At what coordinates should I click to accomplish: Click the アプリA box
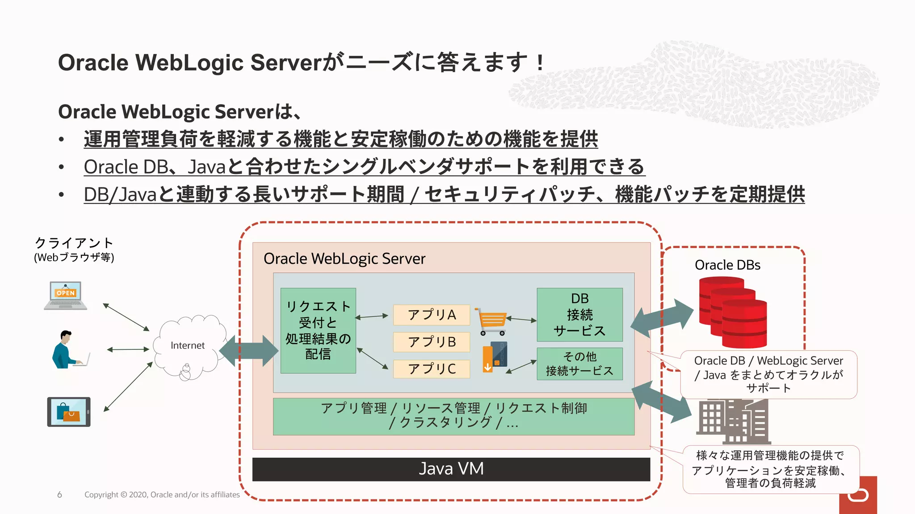point(431,315)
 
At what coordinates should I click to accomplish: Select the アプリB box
point(431,342)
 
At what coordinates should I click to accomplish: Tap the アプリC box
point(431,369)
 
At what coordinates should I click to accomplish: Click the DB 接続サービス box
point(579,315)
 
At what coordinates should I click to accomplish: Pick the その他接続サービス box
point(579,364)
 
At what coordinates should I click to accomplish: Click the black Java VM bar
point(451,469)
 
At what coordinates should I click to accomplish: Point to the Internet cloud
point(188,345)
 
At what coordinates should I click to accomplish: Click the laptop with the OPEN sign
point(66,295)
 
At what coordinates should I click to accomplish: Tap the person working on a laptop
point(68,350)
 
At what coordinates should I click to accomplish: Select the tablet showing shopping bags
point(69,412)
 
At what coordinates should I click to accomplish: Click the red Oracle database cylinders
point(733,312)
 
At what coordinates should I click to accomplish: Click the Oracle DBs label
point(727,265)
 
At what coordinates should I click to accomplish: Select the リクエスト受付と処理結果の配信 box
point(318,331)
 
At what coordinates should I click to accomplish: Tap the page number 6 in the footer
point(59,494)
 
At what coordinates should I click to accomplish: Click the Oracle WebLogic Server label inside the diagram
point(344,259)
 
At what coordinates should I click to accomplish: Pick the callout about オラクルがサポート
point(768,374)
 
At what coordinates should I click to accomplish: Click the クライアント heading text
point(74,243)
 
